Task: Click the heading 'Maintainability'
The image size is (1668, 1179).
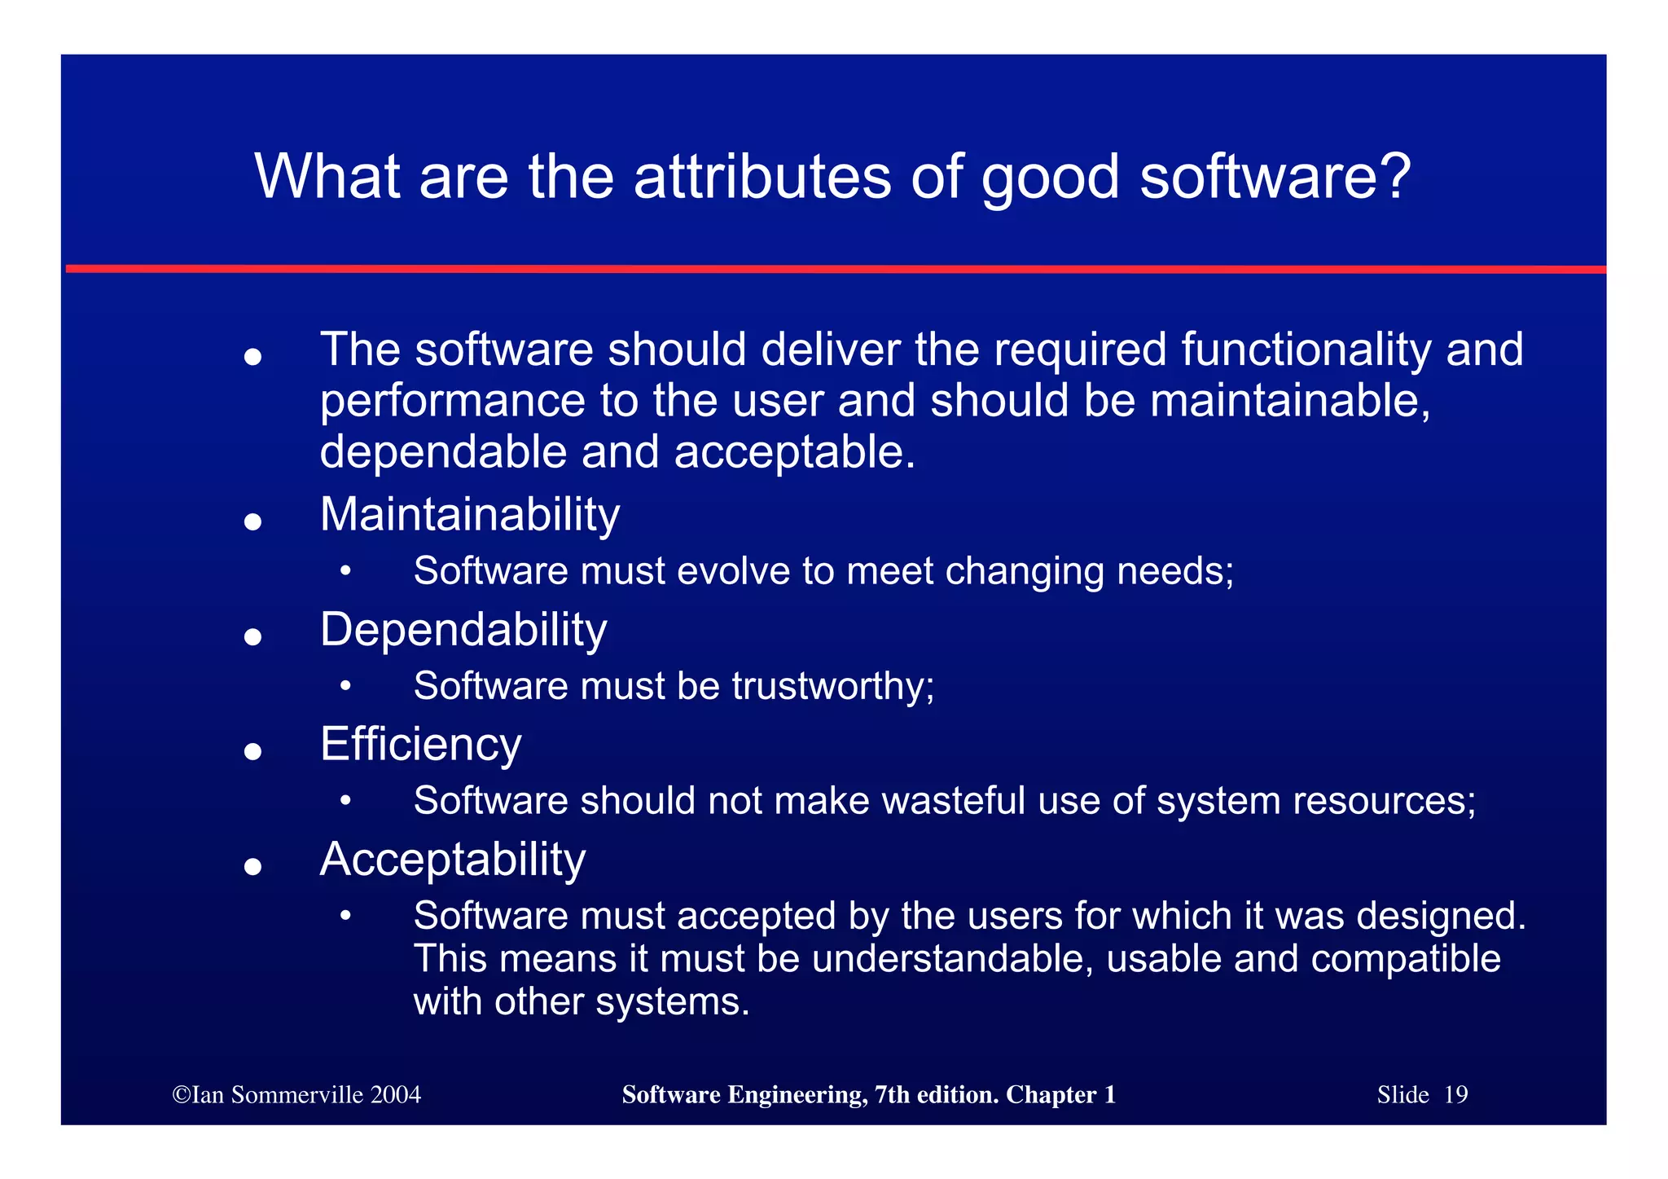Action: (x=470, y=515)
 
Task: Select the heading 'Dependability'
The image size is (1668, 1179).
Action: (x=463, y=630)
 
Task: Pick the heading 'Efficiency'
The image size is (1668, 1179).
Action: (x=420, y=745)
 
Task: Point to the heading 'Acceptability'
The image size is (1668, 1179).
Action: (x=453, y=860)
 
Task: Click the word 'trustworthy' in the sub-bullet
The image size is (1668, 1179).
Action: (x=828, y=686)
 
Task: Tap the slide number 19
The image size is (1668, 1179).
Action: (x=1455, y=1095)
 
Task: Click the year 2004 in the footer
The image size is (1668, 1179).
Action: (x=396, y=1095)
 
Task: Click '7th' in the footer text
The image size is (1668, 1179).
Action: (x=893, y=1095)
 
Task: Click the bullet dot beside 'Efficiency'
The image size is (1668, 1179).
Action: (x=253, y=751)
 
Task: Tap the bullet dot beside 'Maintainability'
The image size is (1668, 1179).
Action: (x=253, y=521)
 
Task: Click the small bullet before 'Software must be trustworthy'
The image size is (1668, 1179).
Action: (x=346, y=687)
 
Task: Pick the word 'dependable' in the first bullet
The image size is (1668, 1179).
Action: (x=442, y=452)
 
